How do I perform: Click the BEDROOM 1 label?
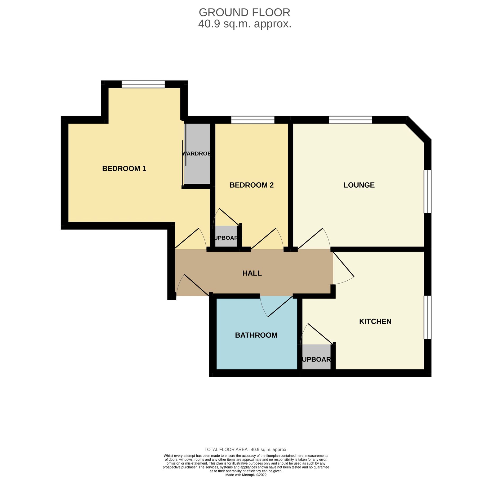tap(124, 169)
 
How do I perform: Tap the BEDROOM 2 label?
tap(251, 185)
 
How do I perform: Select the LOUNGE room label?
tap(359, 185)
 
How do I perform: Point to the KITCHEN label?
tap(375, 321)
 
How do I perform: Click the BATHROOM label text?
tap(256, 335)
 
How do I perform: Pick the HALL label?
tap(252, 273)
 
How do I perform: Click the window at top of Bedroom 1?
tap(143, 84)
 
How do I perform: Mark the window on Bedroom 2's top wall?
tap(253, 120)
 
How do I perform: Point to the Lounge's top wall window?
tap(350, 120)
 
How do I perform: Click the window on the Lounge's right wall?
tap(427, 192)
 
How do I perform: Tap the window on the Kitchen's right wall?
tap(427, 317)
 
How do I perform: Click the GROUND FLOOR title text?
tap(244, 12)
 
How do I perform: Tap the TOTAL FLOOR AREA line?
tap(246, 449)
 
